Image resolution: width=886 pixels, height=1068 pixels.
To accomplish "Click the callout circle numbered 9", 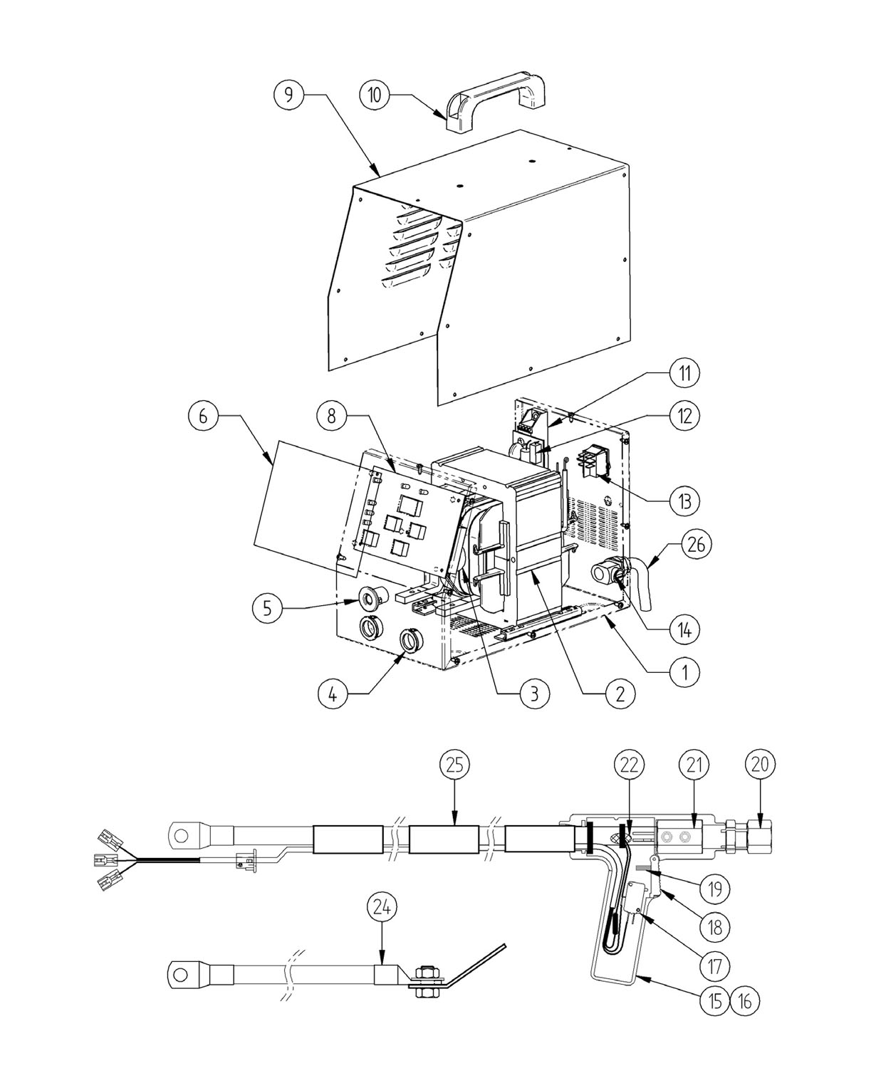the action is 289,95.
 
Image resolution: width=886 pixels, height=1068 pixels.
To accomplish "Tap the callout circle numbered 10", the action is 375,95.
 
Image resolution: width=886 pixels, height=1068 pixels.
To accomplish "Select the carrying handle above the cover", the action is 495,101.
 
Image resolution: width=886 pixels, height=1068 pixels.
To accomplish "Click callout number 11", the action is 684,374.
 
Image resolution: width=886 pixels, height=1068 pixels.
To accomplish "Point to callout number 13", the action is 684,502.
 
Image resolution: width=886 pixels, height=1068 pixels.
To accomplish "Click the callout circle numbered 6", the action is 203,417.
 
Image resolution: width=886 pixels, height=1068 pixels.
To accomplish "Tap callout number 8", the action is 332,417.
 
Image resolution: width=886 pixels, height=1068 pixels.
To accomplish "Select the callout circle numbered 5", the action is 268,608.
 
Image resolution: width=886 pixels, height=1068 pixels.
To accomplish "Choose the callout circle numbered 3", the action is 534,694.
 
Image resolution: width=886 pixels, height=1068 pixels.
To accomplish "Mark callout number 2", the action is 620,694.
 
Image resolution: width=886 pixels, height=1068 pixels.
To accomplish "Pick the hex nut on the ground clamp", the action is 424,971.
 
